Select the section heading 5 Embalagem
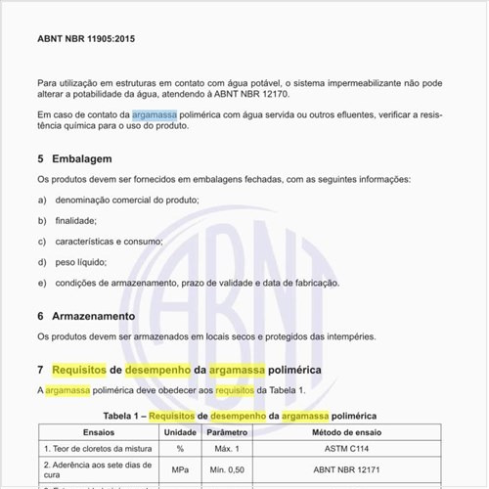(75, 158)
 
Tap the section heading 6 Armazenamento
(86, 316)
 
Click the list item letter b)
(42, 220)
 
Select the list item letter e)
(42, 283)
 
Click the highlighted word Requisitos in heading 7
(79, 371)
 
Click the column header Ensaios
(98, 431)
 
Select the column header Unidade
(180, 431)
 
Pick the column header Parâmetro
(228, 431)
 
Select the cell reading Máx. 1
(228, 448)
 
